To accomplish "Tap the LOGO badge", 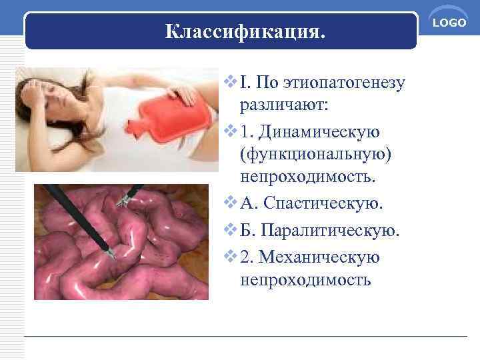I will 450,22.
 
